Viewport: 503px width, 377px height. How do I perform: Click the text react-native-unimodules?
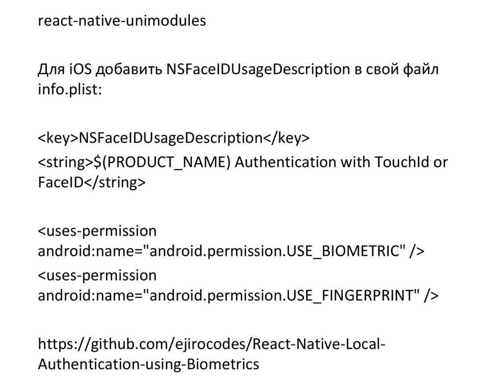tap(122, 22)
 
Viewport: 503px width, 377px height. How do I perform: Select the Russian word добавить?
tap(128, 69)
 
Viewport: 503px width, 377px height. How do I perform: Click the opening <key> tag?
tap(58, 138)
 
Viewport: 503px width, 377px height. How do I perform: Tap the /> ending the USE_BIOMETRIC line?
tap(416, 251)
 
